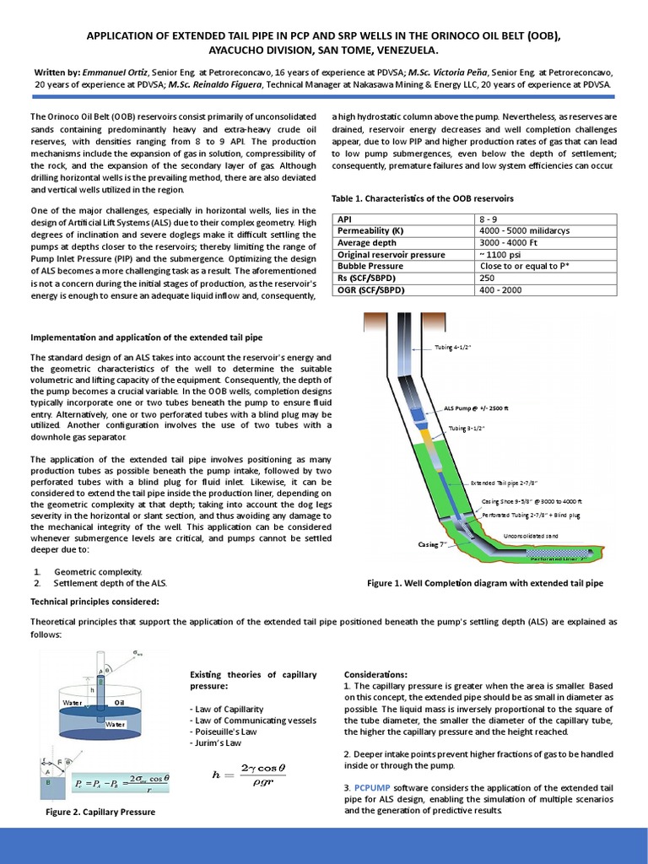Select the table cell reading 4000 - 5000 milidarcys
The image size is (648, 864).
(521, 230)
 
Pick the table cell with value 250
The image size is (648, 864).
(487, 277)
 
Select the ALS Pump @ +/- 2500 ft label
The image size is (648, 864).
(477, 408)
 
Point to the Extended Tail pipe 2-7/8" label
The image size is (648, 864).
(504, 483)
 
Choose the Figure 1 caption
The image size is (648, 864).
(485, 583)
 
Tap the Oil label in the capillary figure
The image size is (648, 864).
(119, 701)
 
